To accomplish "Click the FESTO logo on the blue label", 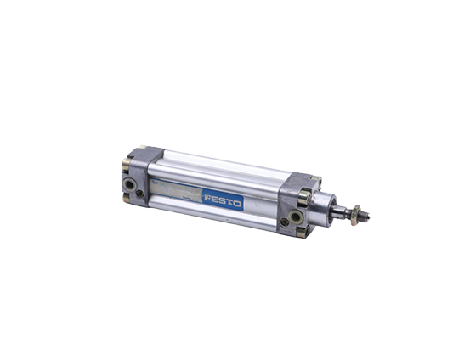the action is coord(223,200).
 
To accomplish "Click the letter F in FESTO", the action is coord(208,198).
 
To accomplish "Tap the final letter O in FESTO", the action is coord(237,204).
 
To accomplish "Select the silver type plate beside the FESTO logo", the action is coord(176,189).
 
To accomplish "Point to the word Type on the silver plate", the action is coord(156,183).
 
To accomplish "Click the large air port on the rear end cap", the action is coord(129,184).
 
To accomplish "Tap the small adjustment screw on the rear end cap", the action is coord(140,194).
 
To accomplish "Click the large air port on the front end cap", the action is coord(296,217).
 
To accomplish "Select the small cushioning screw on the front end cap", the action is coord(284,222).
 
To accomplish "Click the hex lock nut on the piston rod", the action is coord(355,215).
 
